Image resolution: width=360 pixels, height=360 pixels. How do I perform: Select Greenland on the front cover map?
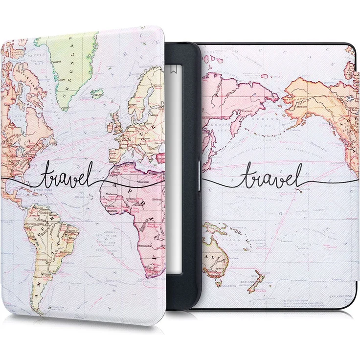click(73, 68)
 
